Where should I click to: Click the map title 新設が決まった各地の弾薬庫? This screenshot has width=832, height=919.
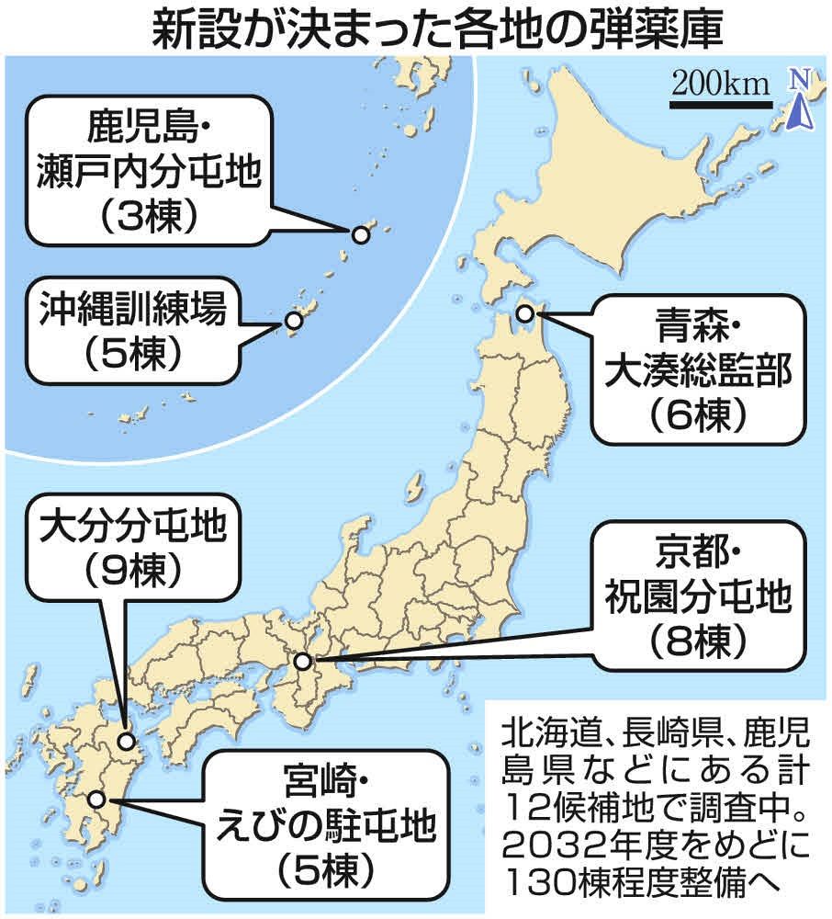click(x=416, y=28)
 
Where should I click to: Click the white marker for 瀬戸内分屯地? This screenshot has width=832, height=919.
click(x=361, y=235)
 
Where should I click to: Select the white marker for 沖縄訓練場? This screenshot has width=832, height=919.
click(x=293, y=321)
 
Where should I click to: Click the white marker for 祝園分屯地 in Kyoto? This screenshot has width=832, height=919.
click(x=304, y=661)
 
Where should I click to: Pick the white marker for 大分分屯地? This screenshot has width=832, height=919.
click(x=127, y=740)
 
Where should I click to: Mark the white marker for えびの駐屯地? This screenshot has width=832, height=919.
click(x=97, y=800)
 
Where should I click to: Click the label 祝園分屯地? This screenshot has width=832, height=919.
click(x=696, y=598)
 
